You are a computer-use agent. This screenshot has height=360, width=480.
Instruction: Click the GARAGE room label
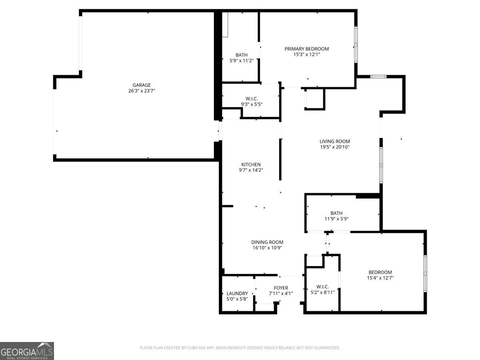click(142, 85)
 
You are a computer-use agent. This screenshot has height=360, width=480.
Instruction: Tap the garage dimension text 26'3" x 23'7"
click(142, 91)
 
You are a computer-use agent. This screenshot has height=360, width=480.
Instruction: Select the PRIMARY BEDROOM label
click(306, 49)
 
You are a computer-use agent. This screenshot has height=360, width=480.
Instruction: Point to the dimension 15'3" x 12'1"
click(306, 54)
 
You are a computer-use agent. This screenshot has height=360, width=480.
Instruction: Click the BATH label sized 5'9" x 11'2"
click(242, 55)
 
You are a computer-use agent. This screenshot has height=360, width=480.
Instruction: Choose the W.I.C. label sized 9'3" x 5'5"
click(252, 98)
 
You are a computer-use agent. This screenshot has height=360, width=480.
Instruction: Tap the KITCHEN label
click(251, 164)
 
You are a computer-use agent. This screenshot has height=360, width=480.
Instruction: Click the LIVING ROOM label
click(334, 141)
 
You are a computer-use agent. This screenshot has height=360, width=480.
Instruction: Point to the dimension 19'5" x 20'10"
click(334, 147)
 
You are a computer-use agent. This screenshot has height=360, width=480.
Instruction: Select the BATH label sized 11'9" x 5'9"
click(336, 213)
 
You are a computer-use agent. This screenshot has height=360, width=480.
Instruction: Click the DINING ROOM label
click(267, 242)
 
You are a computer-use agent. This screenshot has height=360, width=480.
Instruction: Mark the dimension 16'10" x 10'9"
click(267, 248)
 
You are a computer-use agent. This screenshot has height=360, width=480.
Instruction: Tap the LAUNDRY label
click(237, 293)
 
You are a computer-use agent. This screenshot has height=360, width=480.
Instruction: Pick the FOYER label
click(281, 288)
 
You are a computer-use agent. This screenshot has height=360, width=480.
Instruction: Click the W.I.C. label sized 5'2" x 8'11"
click(322, 286)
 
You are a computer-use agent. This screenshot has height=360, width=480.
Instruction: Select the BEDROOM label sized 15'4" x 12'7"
click(380, 272)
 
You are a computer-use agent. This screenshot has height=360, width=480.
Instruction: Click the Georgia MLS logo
click(27, 351)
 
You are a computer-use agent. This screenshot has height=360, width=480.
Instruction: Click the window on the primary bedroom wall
click(356, 44)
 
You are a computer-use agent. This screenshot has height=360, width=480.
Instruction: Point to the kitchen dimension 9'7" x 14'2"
click(251, 170)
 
